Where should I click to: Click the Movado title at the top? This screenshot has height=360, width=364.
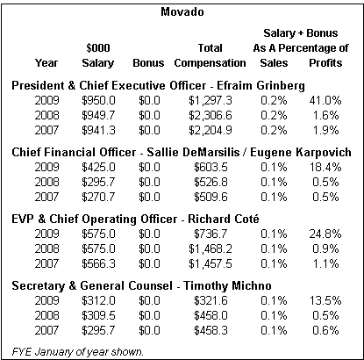pos(182,12)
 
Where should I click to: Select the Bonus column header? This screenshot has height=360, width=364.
pos(148,63)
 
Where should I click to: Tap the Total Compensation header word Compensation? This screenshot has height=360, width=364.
pos(210,63)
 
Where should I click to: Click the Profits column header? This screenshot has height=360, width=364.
pos(325,63)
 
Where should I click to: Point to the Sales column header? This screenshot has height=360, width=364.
pos(274,63)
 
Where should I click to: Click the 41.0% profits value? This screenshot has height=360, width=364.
pos(325,100)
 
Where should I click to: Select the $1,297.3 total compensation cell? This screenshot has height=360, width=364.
pos(211,101)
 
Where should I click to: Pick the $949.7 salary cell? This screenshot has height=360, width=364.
pos(98,115)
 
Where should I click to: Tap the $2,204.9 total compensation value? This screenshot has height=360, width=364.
pos(211,131)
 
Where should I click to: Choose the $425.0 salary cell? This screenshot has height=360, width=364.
pos(98,168)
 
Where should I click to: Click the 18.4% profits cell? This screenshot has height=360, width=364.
pos(325,167)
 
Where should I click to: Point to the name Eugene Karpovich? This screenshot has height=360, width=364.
pos(301,153)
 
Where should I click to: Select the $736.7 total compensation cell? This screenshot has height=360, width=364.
pos(211,234)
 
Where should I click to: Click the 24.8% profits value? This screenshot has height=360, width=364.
pos(325,234)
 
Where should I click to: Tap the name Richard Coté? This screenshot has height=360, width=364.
pos(224,219)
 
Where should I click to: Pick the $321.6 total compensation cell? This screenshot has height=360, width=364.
pos(211,301)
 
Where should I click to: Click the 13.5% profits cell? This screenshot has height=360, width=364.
pos(325,300)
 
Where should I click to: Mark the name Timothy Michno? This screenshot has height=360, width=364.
pos(227,286)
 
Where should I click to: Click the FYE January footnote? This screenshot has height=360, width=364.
pos(78,351)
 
